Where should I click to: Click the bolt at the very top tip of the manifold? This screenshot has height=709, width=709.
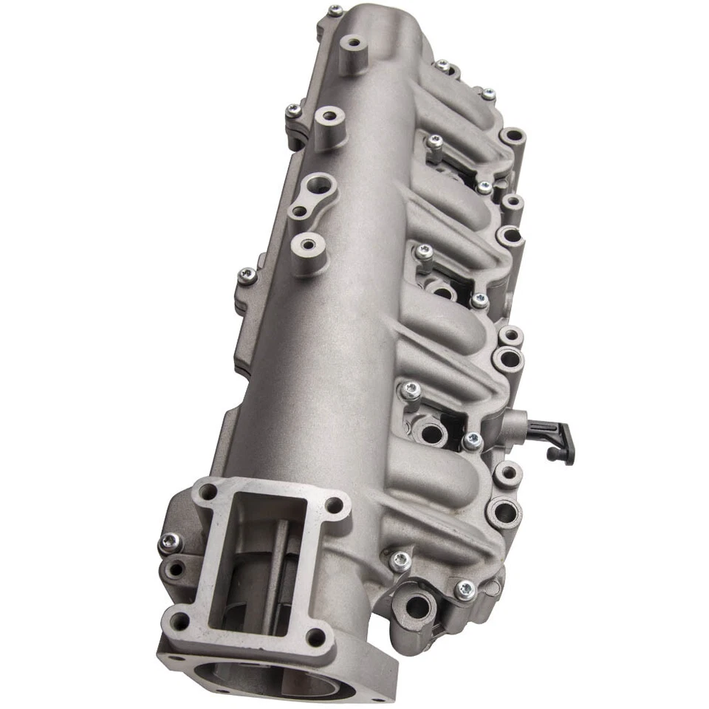(336, 10)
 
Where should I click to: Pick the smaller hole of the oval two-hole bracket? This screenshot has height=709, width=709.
(298, 212)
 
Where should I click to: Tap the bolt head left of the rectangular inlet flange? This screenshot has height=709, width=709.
(169, 543)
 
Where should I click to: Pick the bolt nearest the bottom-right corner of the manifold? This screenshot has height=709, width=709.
(465, 589)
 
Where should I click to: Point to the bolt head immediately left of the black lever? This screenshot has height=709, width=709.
(472, 442)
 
